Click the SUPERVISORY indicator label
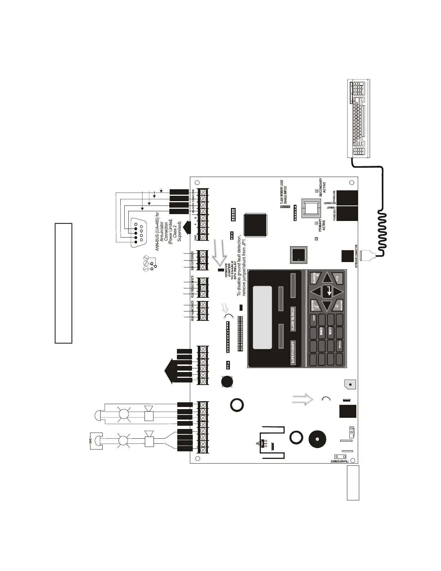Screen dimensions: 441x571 point(293,352)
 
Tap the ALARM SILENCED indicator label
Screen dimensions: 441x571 point(293,319)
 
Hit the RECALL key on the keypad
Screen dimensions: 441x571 point(339,346)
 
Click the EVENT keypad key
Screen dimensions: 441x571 point(314,318)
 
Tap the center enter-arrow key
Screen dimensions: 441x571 point(328,291)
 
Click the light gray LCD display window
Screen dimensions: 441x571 point(262,318)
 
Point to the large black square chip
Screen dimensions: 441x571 point(255,225)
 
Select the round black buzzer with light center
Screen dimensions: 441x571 point(317,439)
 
